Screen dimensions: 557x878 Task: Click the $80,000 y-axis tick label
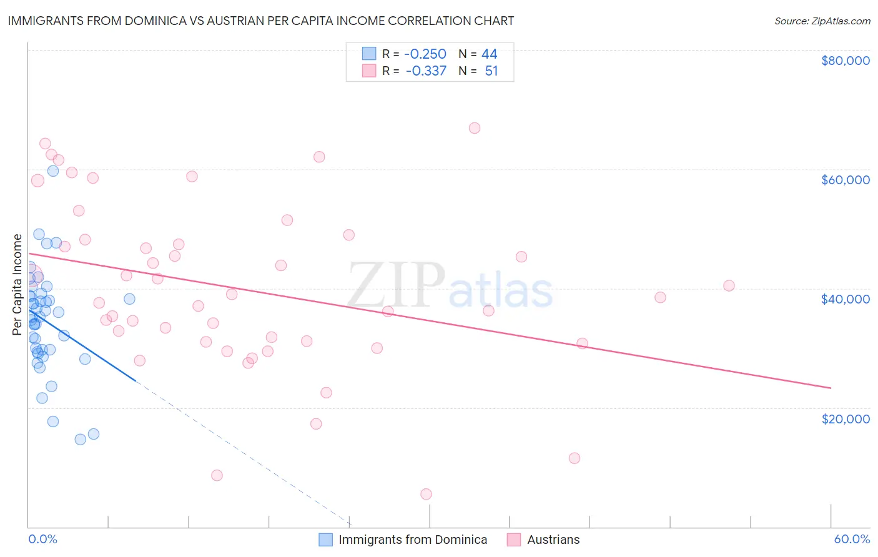(846, 61)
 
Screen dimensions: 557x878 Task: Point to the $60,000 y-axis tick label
(846, 180)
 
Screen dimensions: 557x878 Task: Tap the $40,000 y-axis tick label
(846, 299)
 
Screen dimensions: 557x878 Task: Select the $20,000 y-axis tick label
(846, 418)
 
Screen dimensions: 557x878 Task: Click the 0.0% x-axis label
(42, 539)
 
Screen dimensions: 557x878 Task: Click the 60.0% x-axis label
(852, 539)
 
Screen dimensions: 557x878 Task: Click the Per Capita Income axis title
(17, 284)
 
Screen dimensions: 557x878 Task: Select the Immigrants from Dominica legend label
(413, 540)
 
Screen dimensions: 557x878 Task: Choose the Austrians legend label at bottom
(553, 540)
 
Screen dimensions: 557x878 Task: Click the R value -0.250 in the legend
(425, 54)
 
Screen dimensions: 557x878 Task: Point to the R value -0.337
(426, 71)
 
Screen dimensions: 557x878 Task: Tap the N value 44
(490, 54)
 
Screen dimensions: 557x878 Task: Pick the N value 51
(491, 71)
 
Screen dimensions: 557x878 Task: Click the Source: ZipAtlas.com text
(822, 21)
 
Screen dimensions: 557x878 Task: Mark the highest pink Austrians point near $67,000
(475, 128)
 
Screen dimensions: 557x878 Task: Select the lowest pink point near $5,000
(426, 494)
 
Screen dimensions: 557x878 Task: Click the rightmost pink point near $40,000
(729, 286)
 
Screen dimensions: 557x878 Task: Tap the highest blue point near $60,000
(53, 170)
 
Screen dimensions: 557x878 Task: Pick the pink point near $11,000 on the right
(575, 458)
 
